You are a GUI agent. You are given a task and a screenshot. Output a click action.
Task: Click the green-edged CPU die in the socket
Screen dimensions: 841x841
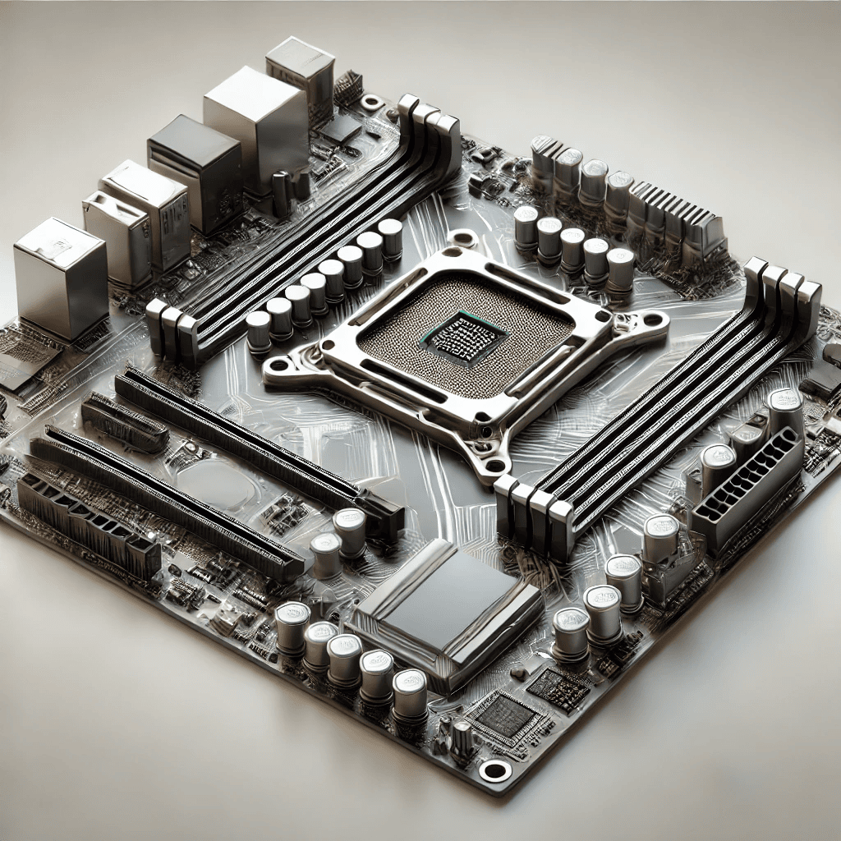tap(453, 336)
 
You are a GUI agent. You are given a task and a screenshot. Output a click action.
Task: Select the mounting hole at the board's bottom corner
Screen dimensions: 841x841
tap(494, 770)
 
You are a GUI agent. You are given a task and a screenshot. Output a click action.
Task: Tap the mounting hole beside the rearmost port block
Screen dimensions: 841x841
tap(372, 103)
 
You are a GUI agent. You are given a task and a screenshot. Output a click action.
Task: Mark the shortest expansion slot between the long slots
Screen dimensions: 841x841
tap(125, 423)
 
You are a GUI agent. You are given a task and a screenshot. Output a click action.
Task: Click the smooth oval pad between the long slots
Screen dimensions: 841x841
tap(215, 485)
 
